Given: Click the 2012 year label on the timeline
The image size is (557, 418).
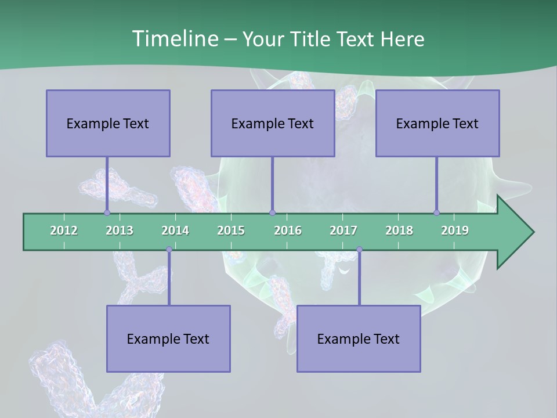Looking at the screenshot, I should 64,230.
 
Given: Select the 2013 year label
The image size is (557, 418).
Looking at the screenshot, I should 120,230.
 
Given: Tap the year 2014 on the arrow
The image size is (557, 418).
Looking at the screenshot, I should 175,230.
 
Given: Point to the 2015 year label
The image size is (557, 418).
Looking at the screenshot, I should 231,230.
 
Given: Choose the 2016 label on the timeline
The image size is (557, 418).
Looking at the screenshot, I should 288,230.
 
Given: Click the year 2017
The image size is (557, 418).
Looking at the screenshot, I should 343,230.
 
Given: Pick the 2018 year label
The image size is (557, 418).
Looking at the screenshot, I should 399,230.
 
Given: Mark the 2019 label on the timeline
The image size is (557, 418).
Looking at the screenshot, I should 455,230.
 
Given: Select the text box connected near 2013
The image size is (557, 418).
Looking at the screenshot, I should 108,123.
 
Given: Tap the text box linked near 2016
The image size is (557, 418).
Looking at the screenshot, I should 273,123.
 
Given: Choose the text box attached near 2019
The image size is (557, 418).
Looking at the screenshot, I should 437,123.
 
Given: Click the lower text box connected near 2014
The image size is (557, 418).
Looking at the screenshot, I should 168,338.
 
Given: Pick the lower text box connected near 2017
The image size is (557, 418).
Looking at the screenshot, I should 359,338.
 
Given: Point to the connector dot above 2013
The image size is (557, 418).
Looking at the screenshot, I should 107,212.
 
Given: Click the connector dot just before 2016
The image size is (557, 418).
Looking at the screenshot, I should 272,212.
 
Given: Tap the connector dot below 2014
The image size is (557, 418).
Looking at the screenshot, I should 169,250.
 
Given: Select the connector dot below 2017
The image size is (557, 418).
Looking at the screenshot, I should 359,250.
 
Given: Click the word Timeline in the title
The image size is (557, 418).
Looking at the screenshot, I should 174,39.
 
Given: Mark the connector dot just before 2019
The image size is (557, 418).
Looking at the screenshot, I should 436,212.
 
